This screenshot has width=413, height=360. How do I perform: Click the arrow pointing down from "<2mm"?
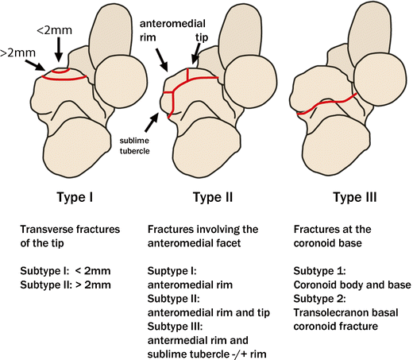[59, 55]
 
